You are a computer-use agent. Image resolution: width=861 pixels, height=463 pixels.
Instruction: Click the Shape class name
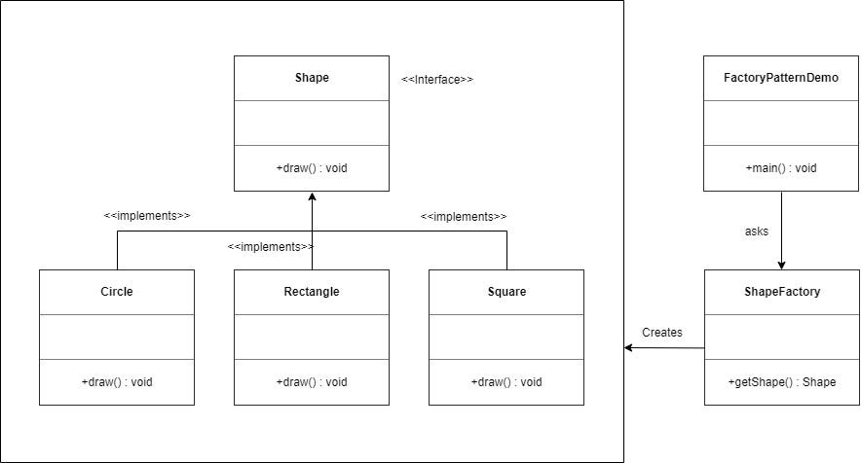(312, 78)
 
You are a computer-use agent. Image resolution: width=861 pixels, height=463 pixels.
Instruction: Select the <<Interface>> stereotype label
(437, 80)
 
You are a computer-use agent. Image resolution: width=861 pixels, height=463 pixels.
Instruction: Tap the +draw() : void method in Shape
(312, 168)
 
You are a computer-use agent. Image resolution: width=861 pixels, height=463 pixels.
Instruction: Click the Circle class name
(117, 292)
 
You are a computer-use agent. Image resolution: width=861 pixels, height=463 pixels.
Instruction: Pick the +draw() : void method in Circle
(117, 382)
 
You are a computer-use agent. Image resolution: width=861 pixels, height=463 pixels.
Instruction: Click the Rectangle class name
(312, 292)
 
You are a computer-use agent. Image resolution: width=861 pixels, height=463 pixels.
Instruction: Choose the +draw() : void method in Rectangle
(312, 382)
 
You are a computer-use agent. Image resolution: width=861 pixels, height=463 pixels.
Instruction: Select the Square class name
(506, 292)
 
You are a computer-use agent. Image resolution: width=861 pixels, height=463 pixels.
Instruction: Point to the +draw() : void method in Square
(506, 382)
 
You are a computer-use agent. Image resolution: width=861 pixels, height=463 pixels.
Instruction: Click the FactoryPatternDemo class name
(781, 78)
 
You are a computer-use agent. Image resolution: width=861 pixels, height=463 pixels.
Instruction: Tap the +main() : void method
(781, 168)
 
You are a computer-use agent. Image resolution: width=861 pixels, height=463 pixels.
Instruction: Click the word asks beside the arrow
(757, 232)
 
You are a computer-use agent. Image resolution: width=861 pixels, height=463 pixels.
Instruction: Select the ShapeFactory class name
(781, 292)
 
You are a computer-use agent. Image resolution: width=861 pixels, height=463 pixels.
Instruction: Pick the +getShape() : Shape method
(781, 382)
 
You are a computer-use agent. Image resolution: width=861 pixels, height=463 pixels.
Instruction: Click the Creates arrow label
(662, 333)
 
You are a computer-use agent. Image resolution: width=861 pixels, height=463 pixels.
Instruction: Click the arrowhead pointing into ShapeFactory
(781, 264)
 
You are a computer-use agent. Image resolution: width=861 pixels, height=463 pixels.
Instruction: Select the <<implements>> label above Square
(464, 216)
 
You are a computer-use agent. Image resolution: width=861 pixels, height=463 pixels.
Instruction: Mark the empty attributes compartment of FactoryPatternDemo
(781, 123)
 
